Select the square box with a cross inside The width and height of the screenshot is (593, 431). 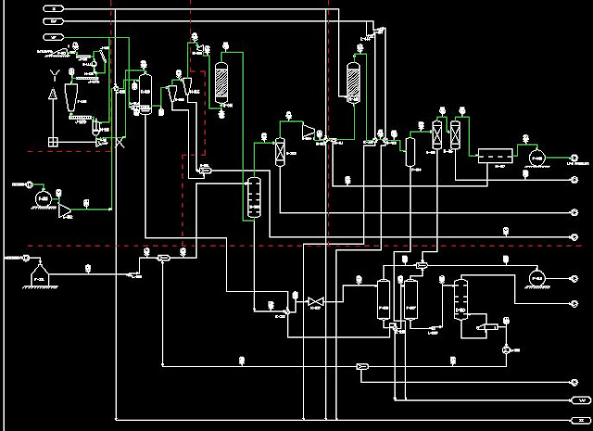tap(54, 141)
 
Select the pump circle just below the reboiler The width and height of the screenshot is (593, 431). tap(507, 349)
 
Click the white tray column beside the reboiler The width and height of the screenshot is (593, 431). tap(461, 299)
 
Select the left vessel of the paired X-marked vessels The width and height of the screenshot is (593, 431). tap(437, 134)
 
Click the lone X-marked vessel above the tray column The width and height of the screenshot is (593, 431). tap(280, 152)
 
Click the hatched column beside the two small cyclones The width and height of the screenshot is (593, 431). tap(221, 82)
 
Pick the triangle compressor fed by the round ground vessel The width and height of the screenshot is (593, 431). tap(66, 211)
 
